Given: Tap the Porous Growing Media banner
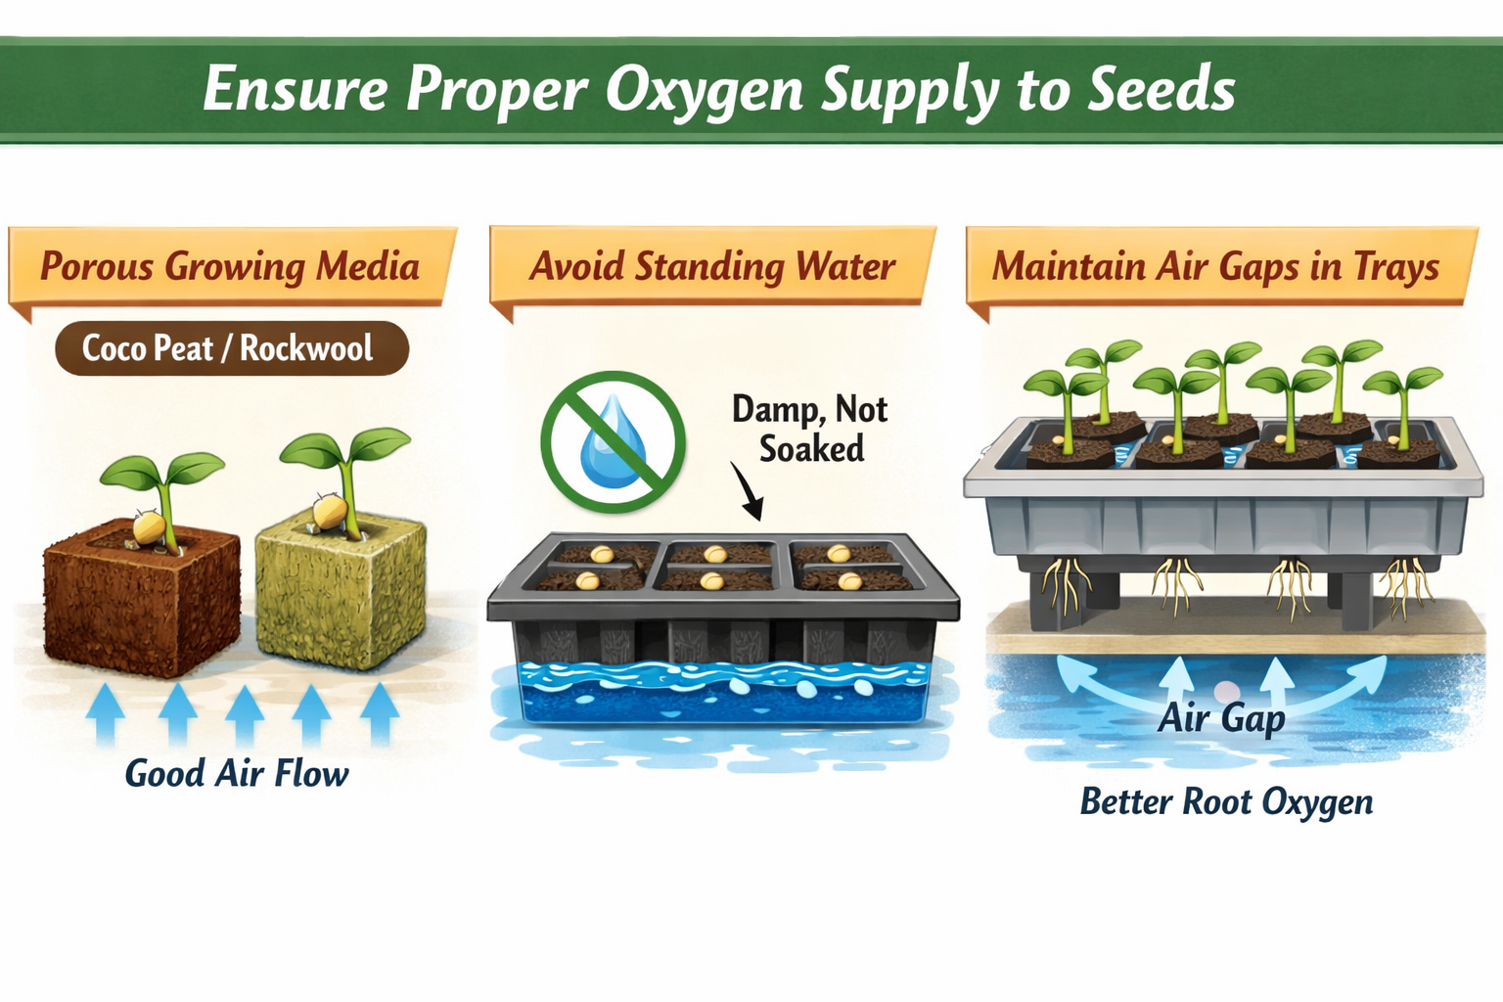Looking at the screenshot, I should click(x=230, y=266).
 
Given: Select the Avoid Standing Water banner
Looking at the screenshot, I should click(x=712, y=266).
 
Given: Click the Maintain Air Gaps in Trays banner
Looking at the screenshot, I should click(x=1215, y=266).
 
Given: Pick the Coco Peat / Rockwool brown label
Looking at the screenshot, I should click(x=231, y=348).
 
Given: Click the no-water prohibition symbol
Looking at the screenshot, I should click(x=613, y=441).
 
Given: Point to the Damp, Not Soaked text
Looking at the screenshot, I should click(x=810, y=429).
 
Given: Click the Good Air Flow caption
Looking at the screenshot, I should click(x=236, y=774).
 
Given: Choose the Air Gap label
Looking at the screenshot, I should click(x=1221, y=719).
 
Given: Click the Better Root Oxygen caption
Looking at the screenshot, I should click(x=1226, y=802).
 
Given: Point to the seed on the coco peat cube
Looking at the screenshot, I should click(x=148, y=527).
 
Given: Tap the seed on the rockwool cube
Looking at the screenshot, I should click(x=330, y=512).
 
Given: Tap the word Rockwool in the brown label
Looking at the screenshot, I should click(x=306, y=348).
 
